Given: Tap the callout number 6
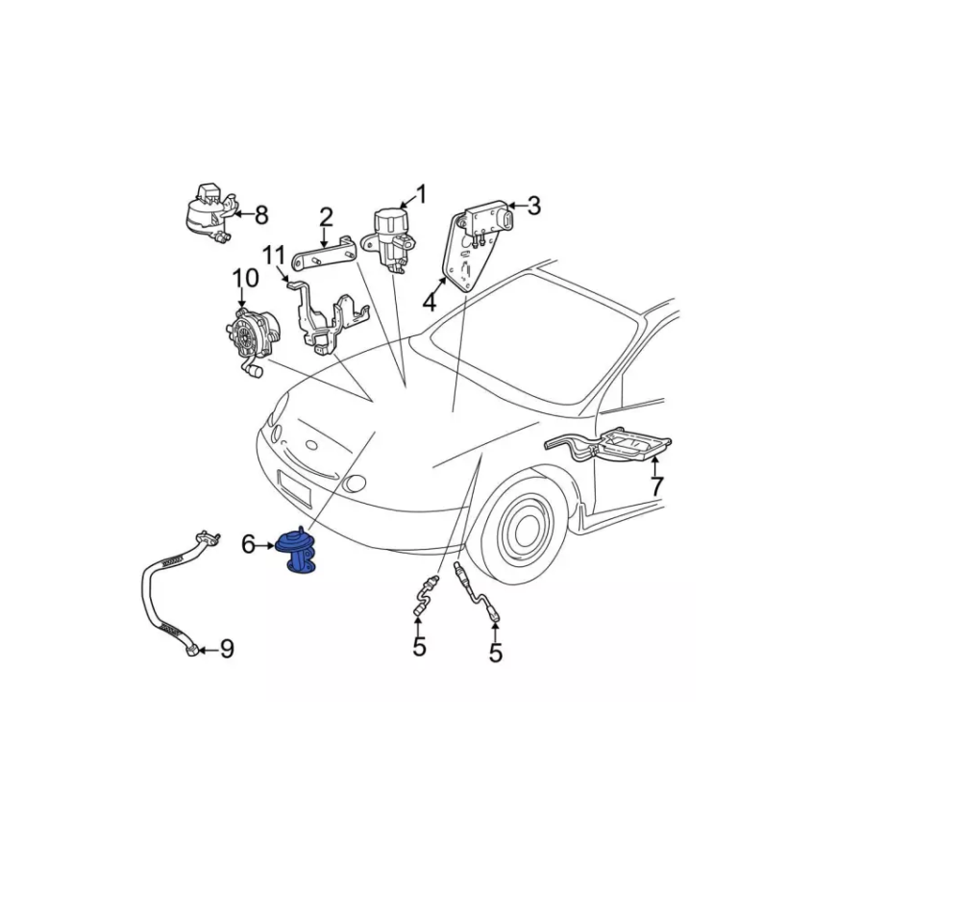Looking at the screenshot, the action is click(x=249, y=544).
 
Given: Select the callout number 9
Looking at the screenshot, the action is click(x=227, y=649).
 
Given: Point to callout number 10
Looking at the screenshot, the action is click(x=245, y=279).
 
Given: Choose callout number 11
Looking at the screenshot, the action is click(x=274, y=255).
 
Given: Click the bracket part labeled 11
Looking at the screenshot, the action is click(x=331, y=318).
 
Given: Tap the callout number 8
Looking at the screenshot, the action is click(x=261, y=215).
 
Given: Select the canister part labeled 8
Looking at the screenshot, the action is click(x=209, y=214).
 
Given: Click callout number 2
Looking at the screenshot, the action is click(x=326, y=217).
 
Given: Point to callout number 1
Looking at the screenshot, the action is click(x=421, y=194).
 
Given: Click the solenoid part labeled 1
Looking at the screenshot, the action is click(x=389, y=240).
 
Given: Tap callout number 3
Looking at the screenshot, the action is click(x=534, y=206).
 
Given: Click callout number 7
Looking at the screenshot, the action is click(x=657, y=486).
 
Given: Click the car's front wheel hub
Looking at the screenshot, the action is click(x=527, y=526).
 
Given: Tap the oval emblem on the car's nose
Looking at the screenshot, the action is click(x=311, y=445).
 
